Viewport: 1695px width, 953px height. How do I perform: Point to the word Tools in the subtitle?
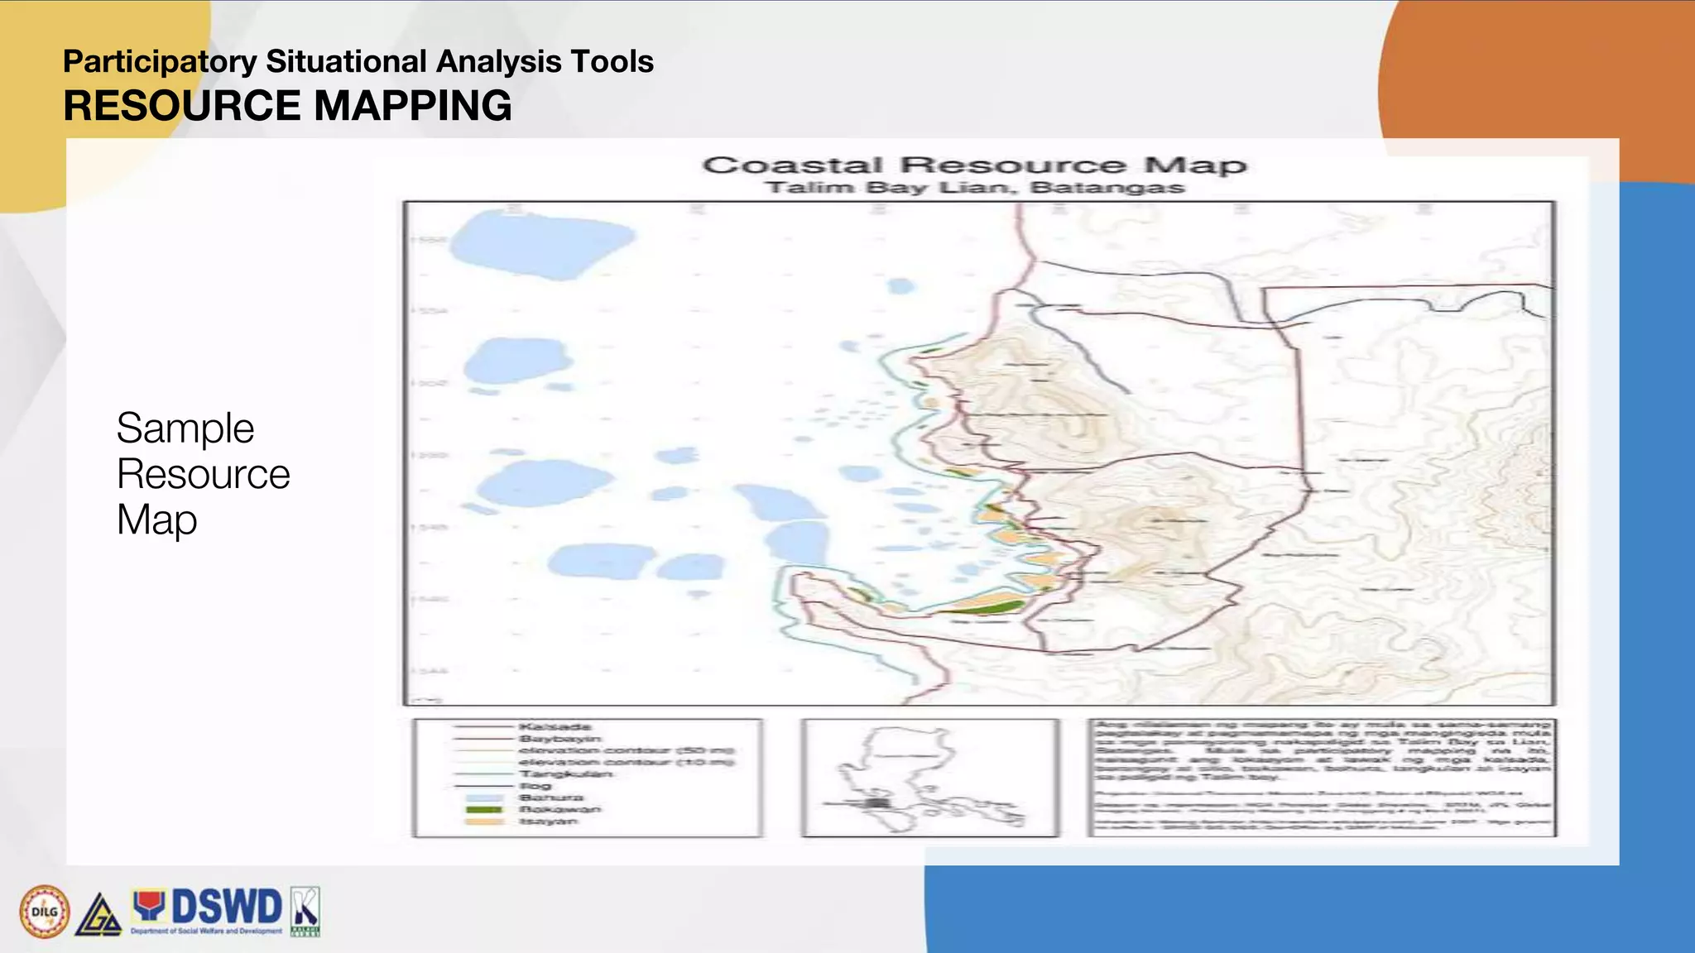tap(617, 62)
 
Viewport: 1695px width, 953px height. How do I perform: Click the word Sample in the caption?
tap(185, 429)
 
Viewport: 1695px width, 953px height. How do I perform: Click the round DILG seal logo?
tap(45, 912)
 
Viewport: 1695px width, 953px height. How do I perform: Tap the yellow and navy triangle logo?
tap(99, 915)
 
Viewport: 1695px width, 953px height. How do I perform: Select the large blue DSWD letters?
tap(225, 907)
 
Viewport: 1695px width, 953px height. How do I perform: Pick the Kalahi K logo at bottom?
tap(305, 912)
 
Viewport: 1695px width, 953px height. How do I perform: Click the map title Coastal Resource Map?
tap(974, 165)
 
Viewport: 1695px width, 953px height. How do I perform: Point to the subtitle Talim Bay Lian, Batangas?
tap(974, 188)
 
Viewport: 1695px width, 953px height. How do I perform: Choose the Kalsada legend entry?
tap(555, 727)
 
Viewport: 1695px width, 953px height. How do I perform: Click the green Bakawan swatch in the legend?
tap(484, 810)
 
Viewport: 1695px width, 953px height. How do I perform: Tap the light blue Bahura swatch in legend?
tap(484, 798)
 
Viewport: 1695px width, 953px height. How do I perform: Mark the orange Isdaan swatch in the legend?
tap(484, 821)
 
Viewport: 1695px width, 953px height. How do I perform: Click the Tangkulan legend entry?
tap(566, 774)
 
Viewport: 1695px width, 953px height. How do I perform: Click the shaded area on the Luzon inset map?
tap(877, 802)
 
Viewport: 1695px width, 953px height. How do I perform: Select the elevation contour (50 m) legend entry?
tap(626, 751)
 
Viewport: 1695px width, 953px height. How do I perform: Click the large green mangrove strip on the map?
tap(985, 609)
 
